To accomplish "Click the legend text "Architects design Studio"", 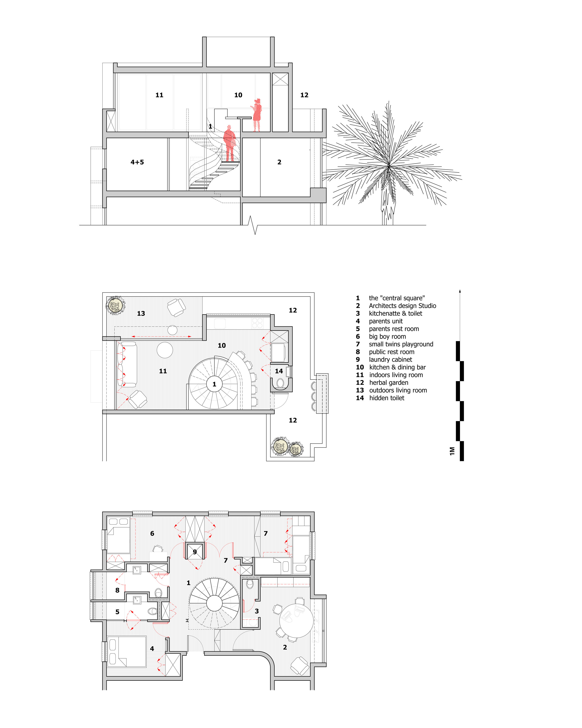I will [402, 306].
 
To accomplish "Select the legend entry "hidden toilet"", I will [386, 398].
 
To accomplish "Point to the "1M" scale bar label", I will [452, 451].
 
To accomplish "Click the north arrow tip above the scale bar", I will [460, 291].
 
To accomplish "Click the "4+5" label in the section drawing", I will [137, 162].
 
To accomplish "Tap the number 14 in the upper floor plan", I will [279, 371].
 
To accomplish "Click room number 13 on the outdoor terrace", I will [141, 313].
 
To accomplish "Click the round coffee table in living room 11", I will [165, 350].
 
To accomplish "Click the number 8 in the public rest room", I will [117, 590].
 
